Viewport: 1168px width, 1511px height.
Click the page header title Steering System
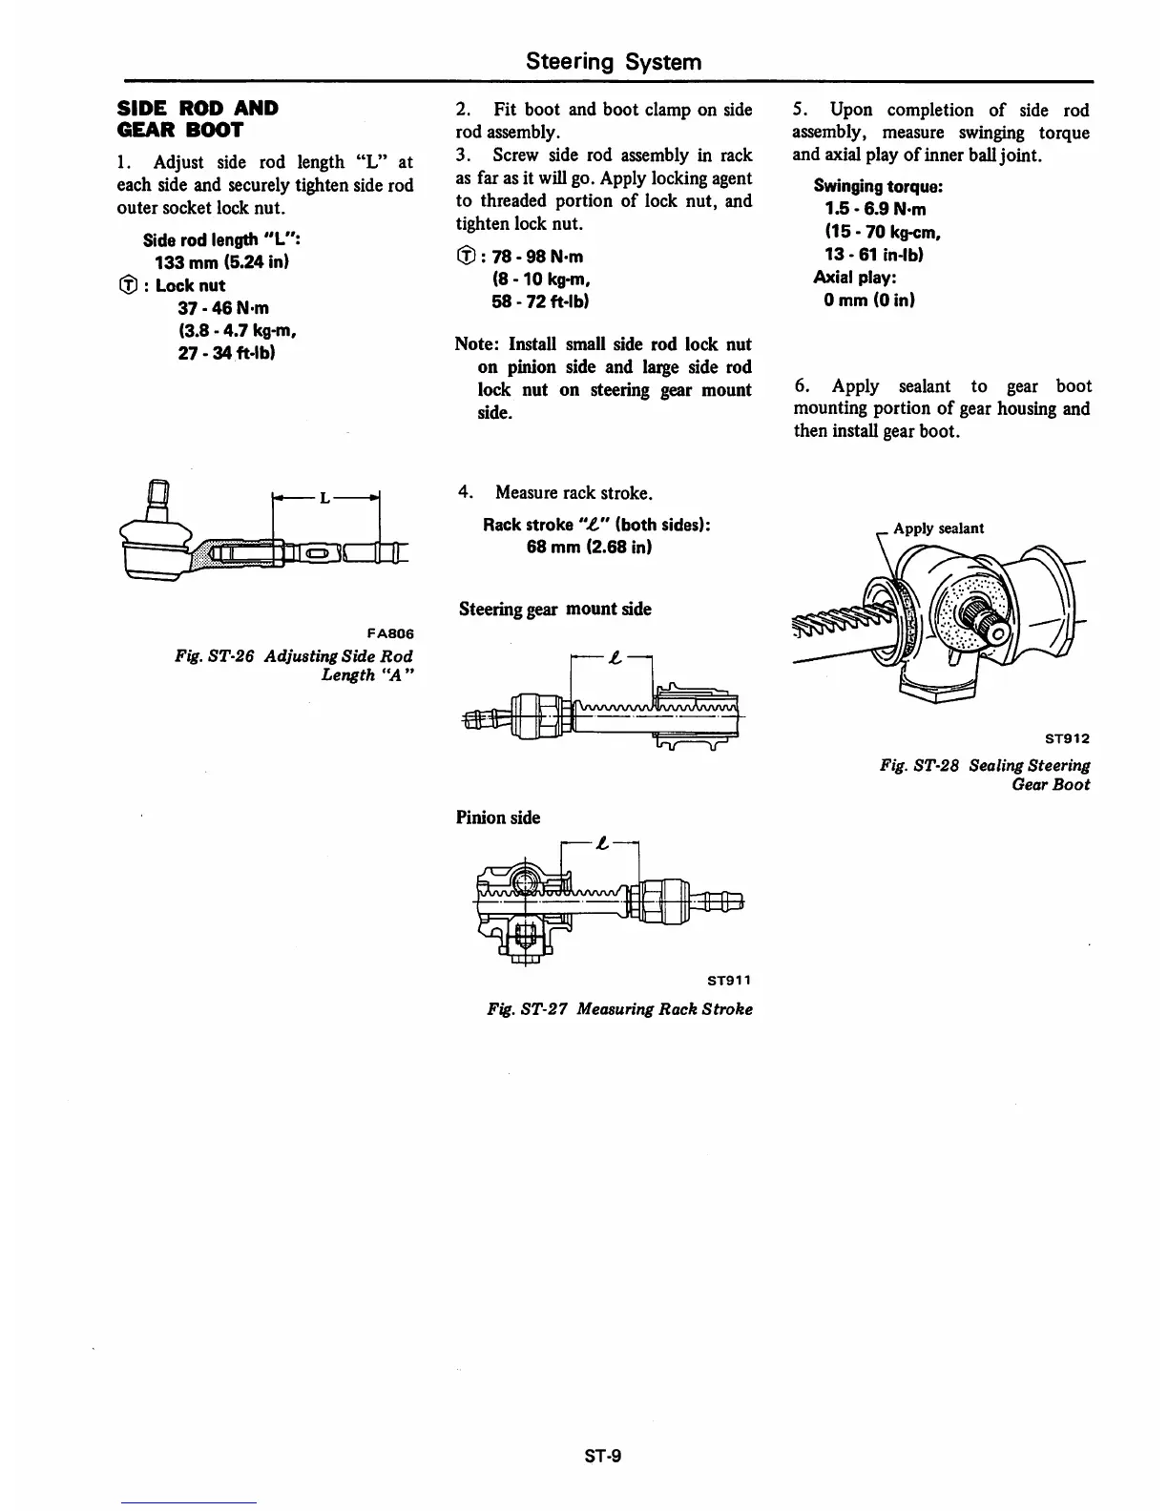click(x=614, y=62)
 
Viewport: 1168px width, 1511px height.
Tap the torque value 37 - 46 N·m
click(x=223, y=307)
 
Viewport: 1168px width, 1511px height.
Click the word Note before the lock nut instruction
click(x=478, y=343)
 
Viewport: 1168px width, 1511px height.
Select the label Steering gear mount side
click(x=554, y=609)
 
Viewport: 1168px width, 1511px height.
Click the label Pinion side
click(x=497, y=818)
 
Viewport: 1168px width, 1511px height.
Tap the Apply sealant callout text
click(x=938, y=528)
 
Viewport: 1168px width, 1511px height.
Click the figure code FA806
click(x=389, y=633)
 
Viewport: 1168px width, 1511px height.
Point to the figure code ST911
click(x=729, y=980)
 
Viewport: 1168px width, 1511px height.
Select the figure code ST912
click(x=1066, y=737)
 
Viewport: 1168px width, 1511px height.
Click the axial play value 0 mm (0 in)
click(x=869, y=300)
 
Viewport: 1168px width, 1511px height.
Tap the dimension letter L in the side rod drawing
click(x=324, y=497)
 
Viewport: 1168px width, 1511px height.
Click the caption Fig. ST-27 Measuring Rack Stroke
click(x=618, y=1009)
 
